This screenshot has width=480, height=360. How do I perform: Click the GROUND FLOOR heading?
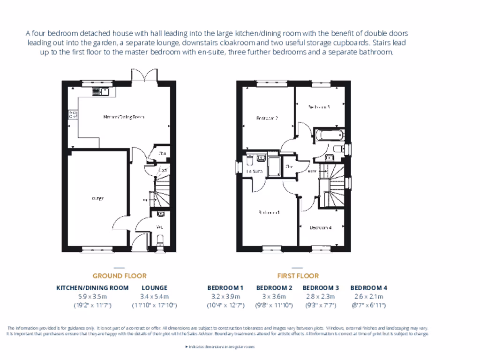tap(120, 276)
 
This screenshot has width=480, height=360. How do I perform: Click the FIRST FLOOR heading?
tap(298, 276)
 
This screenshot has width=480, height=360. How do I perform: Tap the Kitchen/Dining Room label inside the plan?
tap(123, 116)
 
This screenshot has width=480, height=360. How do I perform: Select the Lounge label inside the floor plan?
tap(97, 198)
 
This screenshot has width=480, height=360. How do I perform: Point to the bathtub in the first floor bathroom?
tap(328, 136)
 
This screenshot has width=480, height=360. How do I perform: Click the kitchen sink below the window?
tap(102, 91)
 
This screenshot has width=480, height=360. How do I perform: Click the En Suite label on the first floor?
tap(254, 172)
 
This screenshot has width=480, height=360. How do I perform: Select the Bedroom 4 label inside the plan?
tap(321, 228)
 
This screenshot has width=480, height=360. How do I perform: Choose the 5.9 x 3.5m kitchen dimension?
tap(92, 296)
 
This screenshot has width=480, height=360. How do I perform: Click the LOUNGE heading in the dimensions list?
tap(154, 288)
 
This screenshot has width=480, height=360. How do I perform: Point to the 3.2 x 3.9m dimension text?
tap(225, 296)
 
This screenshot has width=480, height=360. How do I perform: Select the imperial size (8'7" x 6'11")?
tap(368, 305)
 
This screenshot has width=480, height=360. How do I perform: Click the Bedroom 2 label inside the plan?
tap(267, 119)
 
